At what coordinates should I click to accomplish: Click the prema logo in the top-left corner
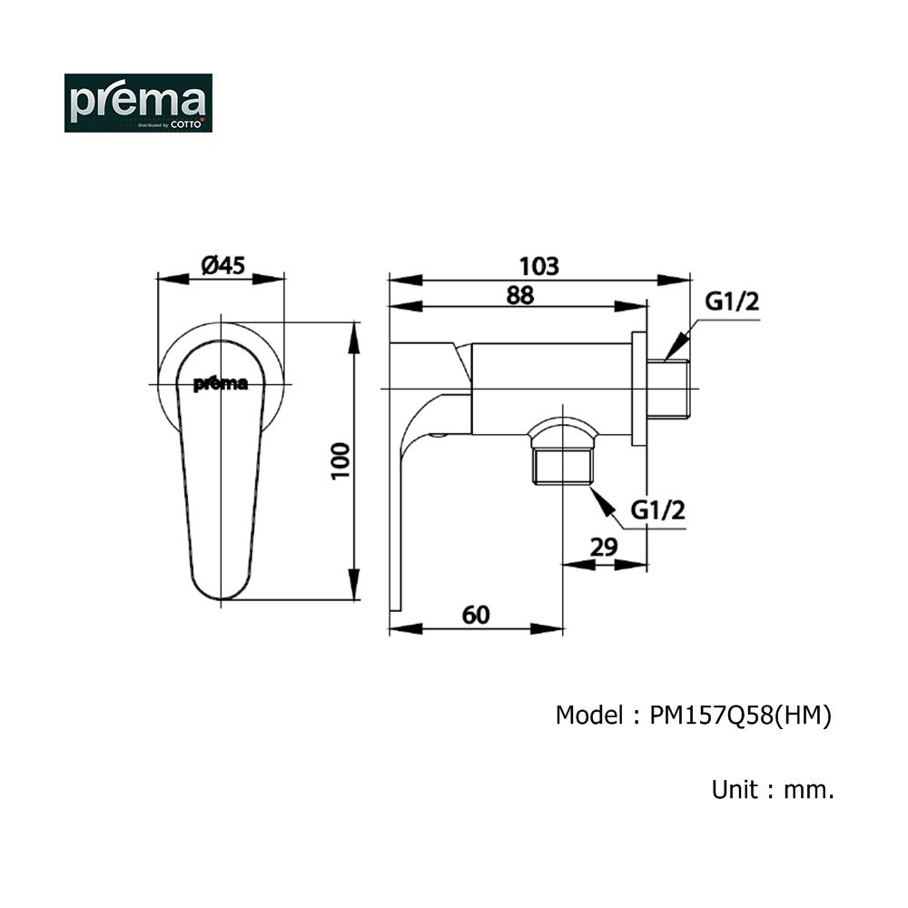point(138,104)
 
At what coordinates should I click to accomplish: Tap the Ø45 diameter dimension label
point(223,266)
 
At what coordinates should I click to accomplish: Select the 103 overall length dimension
point(539,266)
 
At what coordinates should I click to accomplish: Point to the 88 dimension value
point(519,295)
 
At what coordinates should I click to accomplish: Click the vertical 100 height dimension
point(341,461)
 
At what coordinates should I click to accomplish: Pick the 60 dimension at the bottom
point(476,615)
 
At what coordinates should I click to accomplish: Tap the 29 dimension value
point(604,548)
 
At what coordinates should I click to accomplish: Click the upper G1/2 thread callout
point(732,301)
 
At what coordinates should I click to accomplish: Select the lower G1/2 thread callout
point(657,510)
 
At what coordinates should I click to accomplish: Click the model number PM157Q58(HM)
point(741,716)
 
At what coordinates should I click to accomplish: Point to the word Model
point(589,716)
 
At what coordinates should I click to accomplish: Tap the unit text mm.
point(809,790)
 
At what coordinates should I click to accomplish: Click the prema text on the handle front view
point(220,384)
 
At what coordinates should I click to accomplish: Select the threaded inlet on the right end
point(668,388)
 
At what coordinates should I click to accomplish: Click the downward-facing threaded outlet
point(562,467)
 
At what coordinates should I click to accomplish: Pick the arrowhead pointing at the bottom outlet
point(602,501)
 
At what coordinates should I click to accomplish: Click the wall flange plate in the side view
point(638,389)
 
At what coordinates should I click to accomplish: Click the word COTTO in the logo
point(186,123)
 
